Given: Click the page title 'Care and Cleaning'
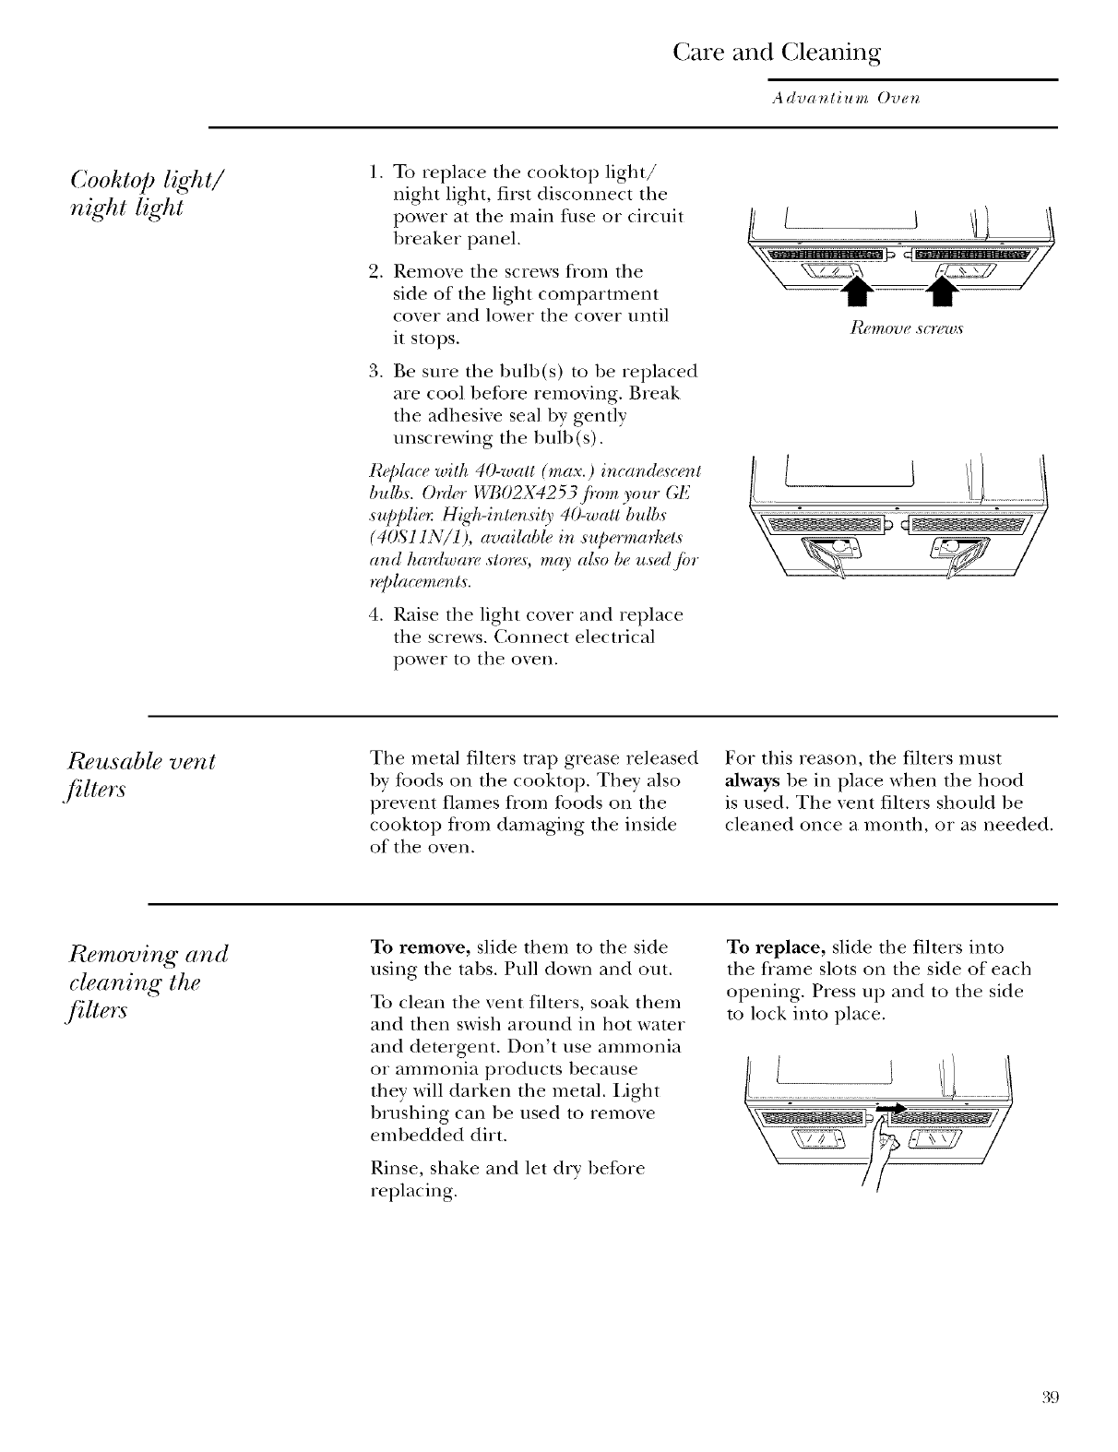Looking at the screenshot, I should click(778, 51).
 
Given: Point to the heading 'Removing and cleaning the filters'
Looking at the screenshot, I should click(148, 984).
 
